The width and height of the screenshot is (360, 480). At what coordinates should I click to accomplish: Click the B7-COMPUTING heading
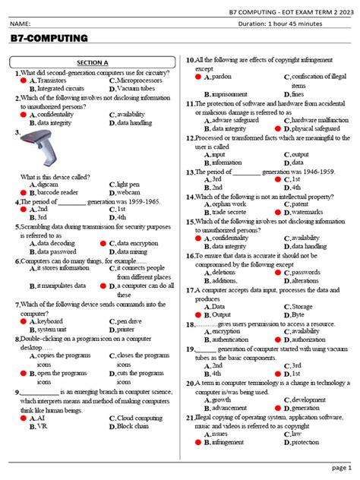click(x=49, y=38)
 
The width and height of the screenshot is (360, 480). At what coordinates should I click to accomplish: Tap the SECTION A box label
click(x=94, y=63)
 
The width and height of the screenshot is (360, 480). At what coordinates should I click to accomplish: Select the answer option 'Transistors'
click(x=52, y=80)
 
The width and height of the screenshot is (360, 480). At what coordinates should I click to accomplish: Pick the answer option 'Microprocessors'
click(x=141, y=80)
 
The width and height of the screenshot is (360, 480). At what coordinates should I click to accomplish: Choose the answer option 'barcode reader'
click(x=57, y=193)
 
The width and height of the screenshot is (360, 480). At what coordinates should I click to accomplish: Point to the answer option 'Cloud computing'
click(x=140, y=418)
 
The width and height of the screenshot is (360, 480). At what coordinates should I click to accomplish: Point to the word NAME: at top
click(x=21, y=24)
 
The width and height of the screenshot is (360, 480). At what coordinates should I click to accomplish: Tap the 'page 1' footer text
click(x=339, y=469)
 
